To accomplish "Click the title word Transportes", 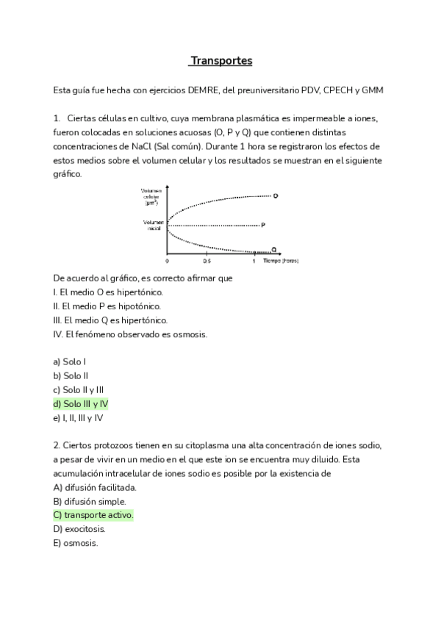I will tap(221, 61).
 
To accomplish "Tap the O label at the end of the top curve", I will tap(275, 195).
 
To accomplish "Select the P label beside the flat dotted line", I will tap(262, 225).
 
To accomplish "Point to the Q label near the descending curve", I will tap(274, 249).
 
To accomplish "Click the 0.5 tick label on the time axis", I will tap(207, 261).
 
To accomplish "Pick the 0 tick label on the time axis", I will tap(167, 261).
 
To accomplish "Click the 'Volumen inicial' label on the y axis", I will tap(152, 225).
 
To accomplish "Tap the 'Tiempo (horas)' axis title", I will tap(280, 261).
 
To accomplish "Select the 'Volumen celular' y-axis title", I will tap(152, 197).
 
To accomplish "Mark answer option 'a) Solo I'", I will tap(70, 361).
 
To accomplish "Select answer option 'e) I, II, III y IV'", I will tap(78, 418).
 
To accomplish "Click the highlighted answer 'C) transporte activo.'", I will tap(93, 516).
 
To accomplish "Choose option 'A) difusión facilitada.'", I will tap(96, 487).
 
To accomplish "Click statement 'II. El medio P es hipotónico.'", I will tap(107, 306).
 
